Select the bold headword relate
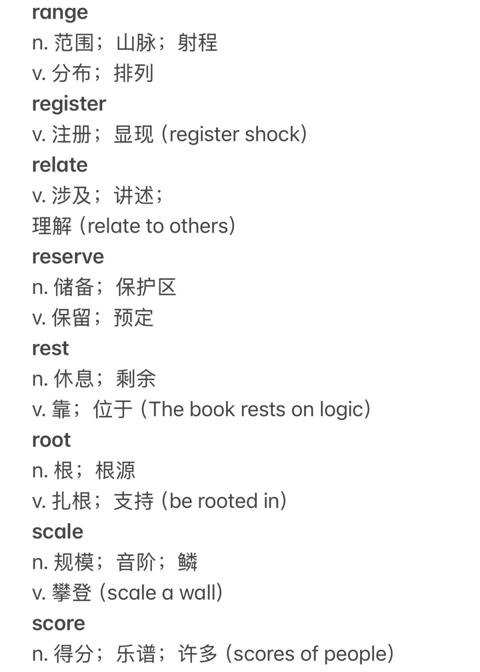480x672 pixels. [60, 165]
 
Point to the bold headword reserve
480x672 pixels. [68, 257]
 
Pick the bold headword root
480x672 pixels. [51, 440]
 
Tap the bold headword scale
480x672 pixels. [57, 532]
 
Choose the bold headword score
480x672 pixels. [58, 624]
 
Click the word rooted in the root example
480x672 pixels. [228, 501]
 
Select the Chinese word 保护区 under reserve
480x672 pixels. [146, 287]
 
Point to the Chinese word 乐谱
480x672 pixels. [136, 654]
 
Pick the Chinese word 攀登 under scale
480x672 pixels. [72, 593]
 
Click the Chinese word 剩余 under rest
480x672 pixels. [136, 379]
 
